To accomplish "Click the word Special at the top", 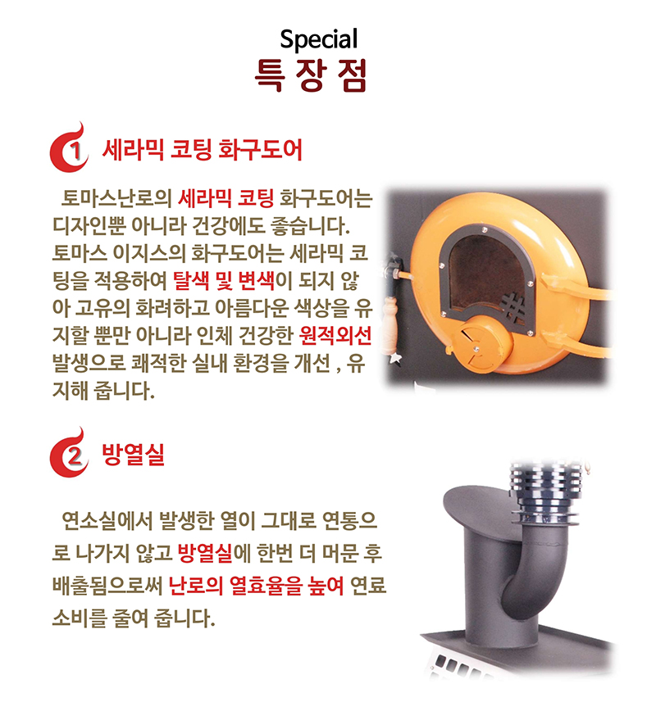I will click(318, 39).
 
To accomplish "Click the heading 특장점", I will click(311, 75).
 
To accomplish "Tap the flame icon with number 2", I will click(70, 454).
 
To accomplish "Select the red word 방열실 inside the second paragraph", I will click(204, 554).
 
